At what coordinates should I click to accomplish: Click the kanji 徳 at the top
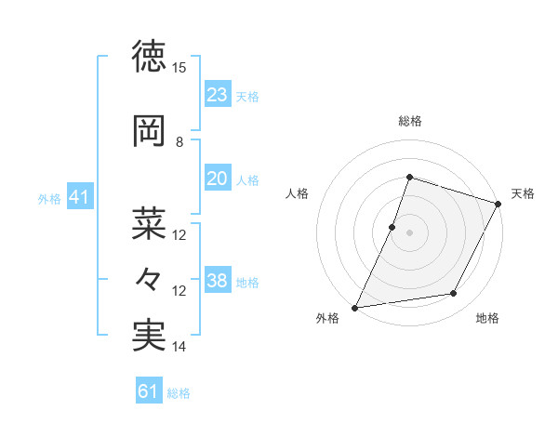150,57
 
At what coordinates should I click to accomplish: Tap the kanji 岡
150,131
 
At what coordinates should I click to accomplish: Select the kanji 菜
150,223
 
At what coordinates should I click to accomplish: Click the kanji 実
150,336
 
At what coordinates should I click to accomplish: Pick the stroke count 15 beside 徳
179,68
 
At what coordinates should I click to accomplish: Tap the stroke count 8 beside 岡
179,142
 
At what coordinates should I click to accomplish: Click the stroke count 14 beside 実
179,347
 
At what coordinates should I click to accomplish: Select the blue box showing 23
218,95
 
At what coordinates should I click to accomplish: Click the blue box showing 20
218,179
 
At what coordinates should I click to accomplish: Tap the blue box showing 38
218,282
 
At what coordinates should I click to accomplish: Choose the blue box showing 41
80,197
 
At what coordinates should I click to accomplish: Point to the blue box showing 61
149,391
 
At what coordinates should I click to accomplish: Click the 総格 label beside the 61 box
179,393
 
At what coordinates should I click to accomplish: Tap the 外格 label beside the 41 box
49,199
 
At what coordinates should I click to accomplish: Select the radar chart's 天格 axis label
523,193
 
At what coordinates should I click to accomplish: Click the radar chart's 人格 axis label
297,193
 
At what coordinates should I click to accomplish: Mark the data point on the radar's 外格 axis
354,308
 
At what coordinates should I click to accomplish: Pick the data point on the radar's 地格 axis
454,294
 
